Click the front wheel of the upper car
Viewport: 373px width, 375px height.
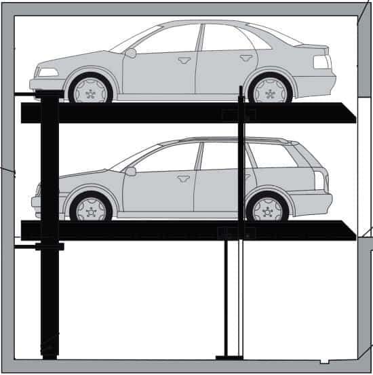pyautogui.click(x=90, y=89)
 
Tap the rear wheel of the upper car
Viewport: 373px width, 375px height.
pyautogui.click(x=270, y=89)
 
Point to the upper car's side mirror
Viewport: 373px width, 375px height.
pyautogui.click(x=130, y=52)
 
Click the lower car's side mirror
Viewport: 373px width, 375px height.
pyautogui.click(x=130, y=171)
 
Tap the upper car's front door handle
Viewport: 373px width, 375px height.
pyautogui.click(x=184, y=60)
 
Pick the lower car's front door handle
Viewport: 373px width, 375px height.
pyautogui.click(x=183, y=178)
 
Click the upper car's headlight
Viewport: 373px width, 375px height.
pyautogui.click(x=47, y=72)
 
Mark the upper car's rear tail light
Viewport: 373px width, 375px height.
pyautogui.click(x=322, y=62)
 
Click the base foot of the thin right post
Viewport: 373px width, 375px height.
pyautogui.click(x=229, y=357)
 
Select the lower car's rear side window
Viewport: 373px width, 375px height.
pyautogui.click(x=271, y=155)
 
